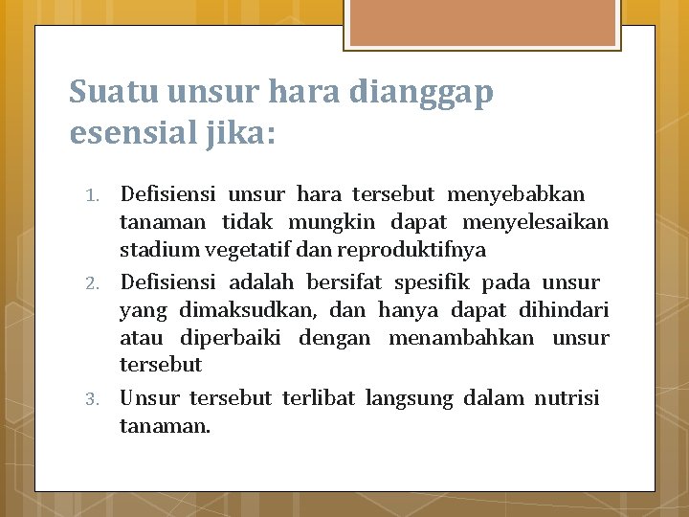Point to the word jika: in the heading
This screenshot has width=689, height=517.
[x=241, y=132]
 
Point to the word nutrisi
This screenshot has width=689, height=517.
[x=567, y=397]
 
